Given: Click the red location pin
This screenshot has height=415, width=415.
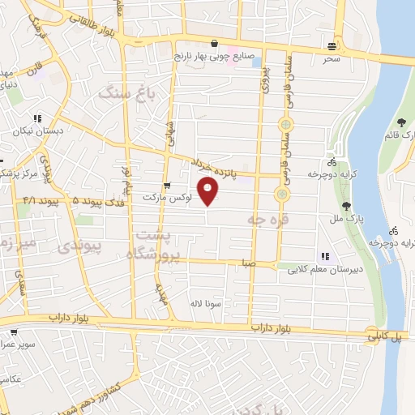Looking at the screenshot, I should pos(209,191).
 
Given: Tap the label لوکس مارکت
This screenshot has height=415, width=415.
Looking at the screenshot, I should pos(165,197).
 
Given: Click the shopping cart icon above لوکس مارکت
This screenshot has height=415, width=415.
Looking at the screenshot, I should pos(166,185).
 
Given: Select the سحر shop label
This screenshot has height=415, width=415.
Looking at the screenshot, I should pos(331,58).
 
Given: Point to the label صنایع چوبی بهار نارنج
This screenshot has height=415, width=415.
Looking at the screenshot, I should pos(215,57).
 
